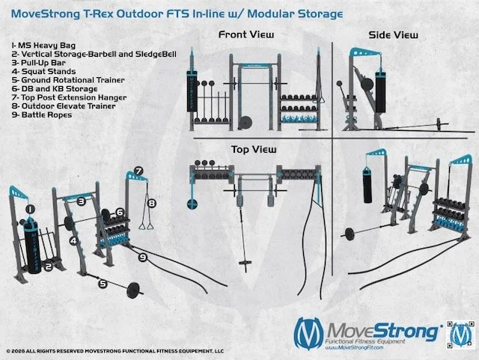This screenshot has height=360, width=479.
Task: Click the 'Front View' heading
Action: (245, 34)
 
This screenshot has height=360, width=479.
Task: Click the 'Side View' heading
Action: (393, 34)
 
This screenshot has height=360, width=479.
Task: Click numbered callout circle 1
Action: (30, 209)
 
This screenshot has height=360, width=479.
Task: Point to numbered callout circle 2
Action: (47, 266)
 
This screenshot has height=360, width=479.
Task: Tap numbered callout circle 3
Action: (79, 201)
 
